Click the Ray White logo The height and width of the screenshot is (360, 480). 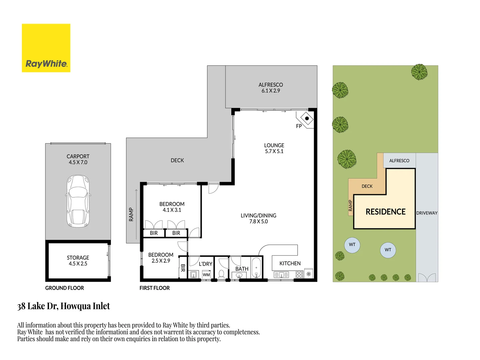tap(46, 48)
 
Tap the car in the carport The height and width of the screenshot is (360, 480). tap(78, 201)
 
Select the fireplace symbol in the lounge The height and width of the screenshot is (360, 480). tap(307, 118)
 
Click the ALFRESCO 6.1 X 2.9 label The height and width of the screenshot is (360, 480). tap(271, 88)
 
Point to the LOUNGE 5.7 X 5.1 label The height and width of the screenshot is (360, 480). tap(274, 148)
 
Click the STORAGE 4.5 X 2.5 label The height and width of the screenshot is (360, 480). tap(78, 261)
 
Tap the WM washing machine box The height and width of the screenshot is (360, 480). tap(206, 275)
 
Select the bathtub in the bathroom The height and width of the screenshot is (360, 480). tap(256, 268)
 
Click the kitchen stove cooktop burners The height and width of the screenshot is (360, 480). tap(299, 274)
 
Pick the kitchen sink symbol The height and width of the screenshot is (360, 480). tap(281, 275)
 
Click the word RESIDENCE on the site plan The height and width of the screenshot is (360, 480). tap(385, 212)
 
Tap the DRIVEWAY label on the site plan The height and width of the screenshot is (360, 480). tap(427, 213)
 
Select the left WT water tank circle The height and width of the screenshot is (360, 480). tap(352, 245)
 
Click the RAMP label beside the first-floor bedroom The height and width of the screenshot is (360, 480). tap(131, 214)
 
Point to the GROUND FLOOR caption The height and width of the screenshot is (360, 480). tap(65, 288)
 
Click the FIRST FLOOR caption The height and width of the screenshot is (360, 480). tap(155, 288)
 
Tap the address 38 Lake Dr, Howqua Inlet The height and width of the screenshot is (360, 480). tap(64, 306)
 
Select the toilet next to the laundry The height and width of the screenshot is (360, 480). tap(221, 274)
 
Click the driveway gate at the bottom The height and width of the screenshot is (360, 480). tap(427, 277)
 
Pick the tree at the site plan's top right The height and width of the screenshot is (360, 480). tap(419, 72)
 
